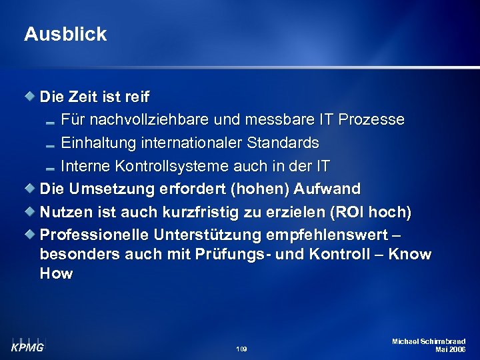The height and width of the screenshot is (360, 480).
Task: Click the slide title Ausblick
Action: coord(65,35)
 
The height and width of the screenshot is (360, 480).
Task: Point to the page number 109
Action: coord(241,349)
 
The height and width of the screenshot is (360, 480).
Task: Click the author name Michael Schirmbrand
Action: coord(429,341)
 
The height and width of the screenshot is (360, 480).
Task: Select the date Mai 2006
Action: coord(450,349)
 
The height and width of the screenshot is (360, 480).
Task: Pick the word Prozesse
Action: coord(371,120)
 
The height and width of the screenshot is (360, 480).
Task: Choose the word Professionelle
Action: coord(94,235)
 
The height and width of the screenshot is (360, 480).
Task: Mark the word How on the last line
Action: coord(56,273)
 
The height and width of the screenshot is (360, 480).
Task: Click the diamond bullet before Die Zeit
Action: coord(31,97)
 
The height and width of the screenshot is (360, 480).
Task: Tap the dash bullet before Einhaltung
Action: coord(50,144)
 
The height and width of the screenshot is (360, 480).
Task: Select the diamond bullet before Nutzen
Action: coord(31,211)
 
